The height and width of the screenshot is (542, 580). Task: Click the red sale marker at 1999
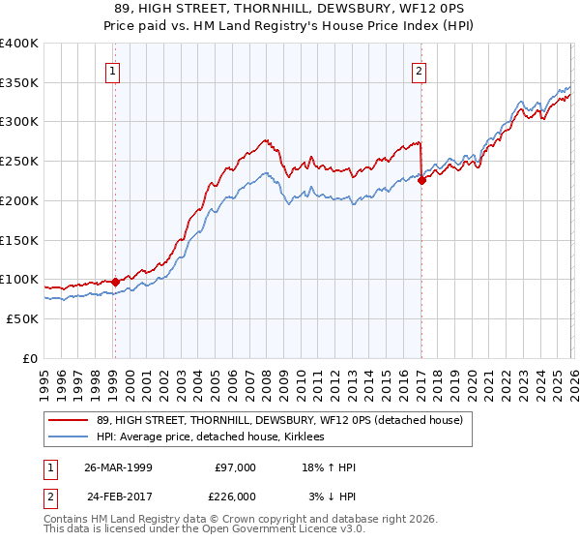(115, 282)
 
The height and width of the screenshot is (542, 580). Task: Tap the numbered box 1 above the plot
(114, 70)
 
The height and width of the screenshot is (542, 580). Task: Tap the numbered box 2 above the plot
(420, 70)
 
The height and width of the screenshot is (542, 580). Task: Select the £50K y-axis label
(21, 318)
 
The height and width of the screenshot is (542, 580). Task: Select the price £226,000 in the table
(235, 497)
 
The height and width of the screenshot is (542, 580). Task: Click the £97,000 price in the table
(235, 467)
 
